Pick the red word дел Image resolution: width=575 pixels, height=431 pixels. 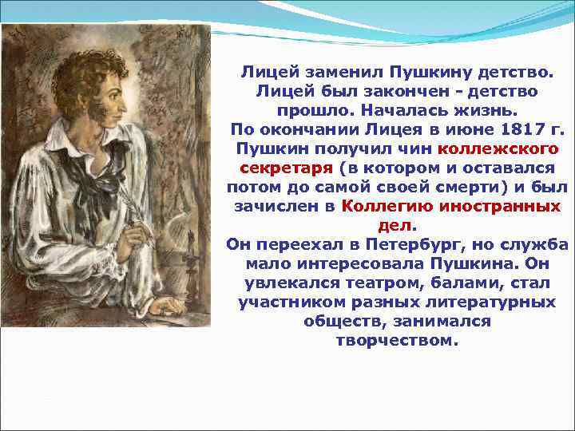click(x=396, y=225)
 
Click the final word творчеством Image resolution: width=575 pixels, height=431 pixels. click(x=397, y=341)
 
